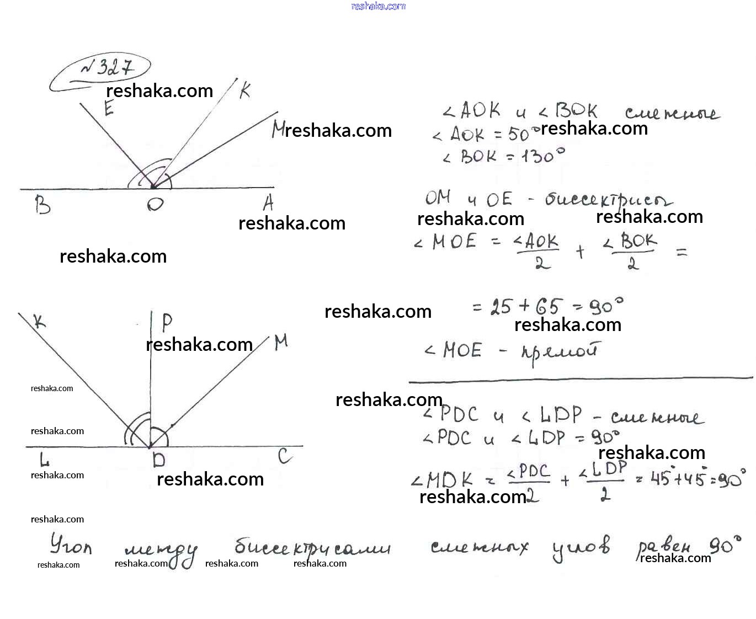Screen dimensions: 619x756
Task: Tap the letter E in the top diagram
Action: [x=109, y=108]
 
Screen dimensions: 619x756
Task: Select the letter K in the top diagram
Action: [x=245, y=90]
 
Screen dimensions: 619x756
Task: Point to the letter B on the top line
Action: [x=42, y=205]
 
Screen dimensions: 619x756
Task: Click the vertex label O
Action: [x=155, y=204]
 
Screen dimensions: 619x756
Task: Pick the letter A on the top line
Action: [x=268, y=203]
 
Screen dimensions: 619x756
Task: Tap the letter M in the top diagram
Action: [x=278, y=130]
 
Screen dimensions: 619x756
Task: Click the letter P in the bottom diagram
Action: [x=167, y=322]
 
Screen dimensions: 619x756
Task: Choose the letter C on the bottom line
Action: [x=285, y=456]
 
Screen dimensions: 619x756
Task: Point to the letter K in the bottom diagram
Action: [x=39, y=321]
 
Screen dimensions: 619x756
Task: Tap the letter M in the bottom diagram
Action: [x=281, y=342]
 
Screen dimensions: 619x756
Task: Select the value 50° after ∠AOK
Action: [x=520, y=134]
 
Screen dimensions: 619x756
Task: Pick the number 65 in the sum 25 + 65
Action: [x=547, y=307]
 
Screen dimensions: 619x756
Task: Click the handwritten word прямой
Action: [x=560, y=352]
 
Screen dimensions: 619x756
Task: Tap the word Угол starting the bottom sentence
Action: [x=71, y=545]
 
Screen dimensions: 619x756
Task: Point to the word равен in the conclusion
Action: [x=664, y=547]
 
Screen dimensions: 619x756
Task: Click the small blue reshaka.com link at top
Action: [x=378, y=6]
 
